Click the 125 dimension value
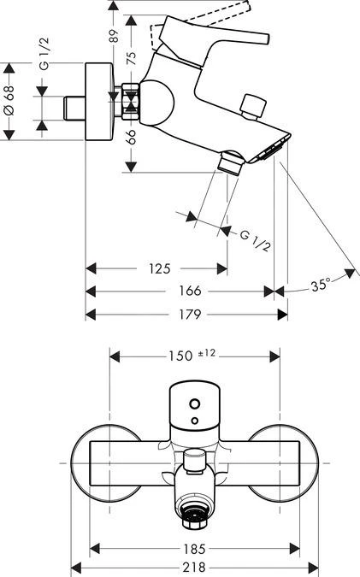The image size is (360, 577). click(x=158, y=269)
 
